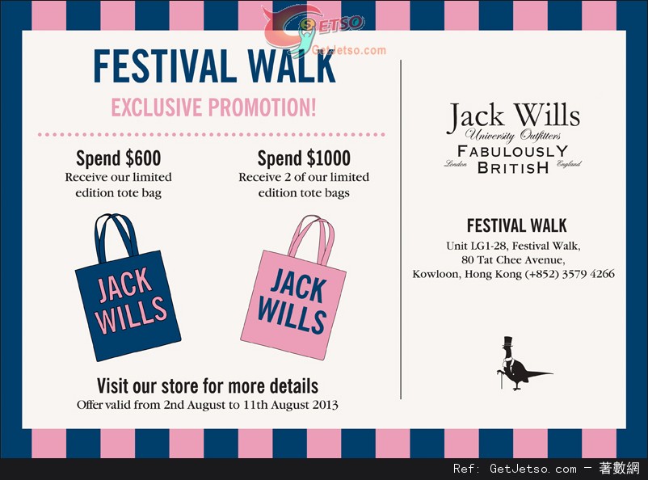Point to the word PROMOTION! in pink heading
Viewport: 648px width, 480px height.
tap(262, 107)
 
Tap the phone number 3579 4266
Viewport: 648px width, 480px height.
tap(588, 274)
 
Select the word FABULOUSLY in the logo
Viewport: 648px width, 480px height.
tap(513, 151)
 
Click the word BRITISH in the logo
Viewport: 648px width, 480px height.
tap(513, 167)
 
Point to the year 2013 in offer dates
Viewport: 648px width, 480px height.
tap(326, 404)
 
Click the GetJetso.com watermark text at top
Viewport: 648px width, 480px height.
tap(349, 50)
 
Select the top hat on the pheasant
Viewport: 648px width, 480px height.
tap(507, 342)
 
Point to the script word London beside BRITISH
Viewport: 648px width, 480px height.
tap(456, 164)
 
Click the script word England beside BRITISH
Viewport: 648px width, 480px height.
tap(569, 164)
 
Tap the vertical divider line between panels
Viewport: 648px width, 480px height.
tap(401, 229)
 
